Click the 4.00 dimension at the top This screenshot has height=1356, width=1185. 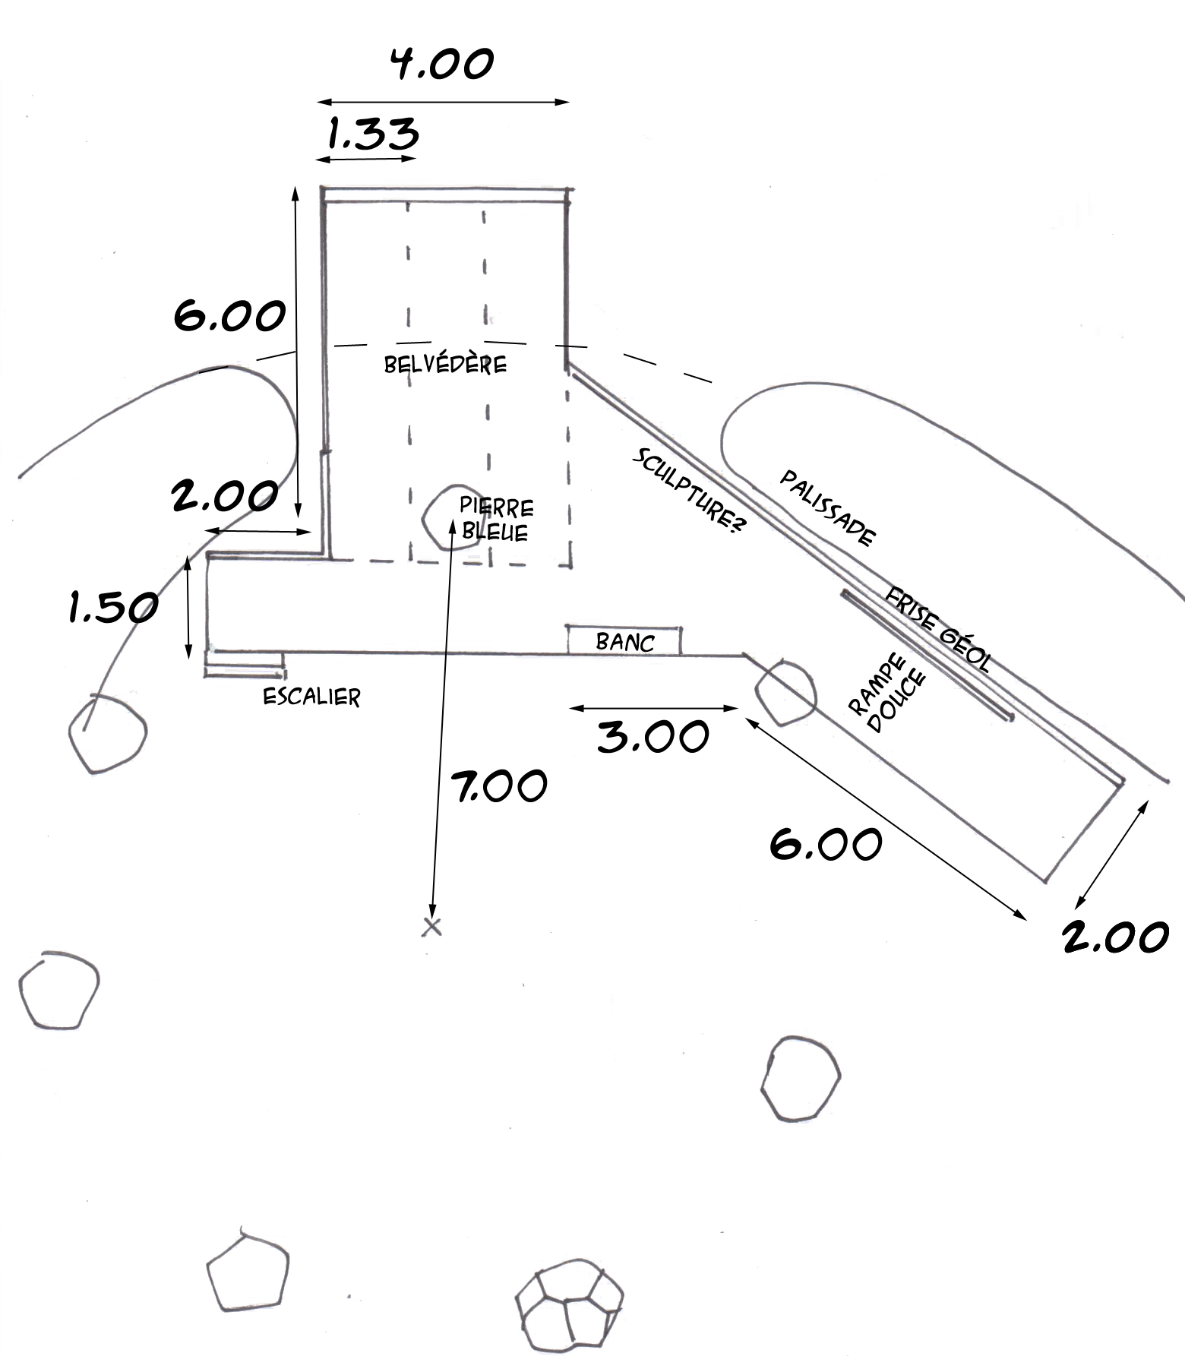[x=442, y=64]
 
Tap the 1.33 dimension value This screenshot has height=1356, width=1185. [x=373, y=134]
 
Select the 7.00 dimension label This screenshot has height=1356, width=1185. [x=499, y=785]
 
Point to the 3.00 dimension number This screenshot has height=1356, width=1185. [x=653, y=736]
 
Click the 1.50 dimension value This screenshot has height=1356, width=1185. [x=113, y=607]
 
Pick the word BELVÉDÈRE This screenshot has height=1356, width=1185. [x=445, y=364]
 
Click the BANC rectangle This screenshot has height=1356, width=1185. [x=624, y=640]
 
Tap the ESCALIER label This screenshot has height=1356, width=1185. [x=311, y=697]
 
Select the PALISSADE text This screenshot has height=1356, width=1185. [x=828, y=507]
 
